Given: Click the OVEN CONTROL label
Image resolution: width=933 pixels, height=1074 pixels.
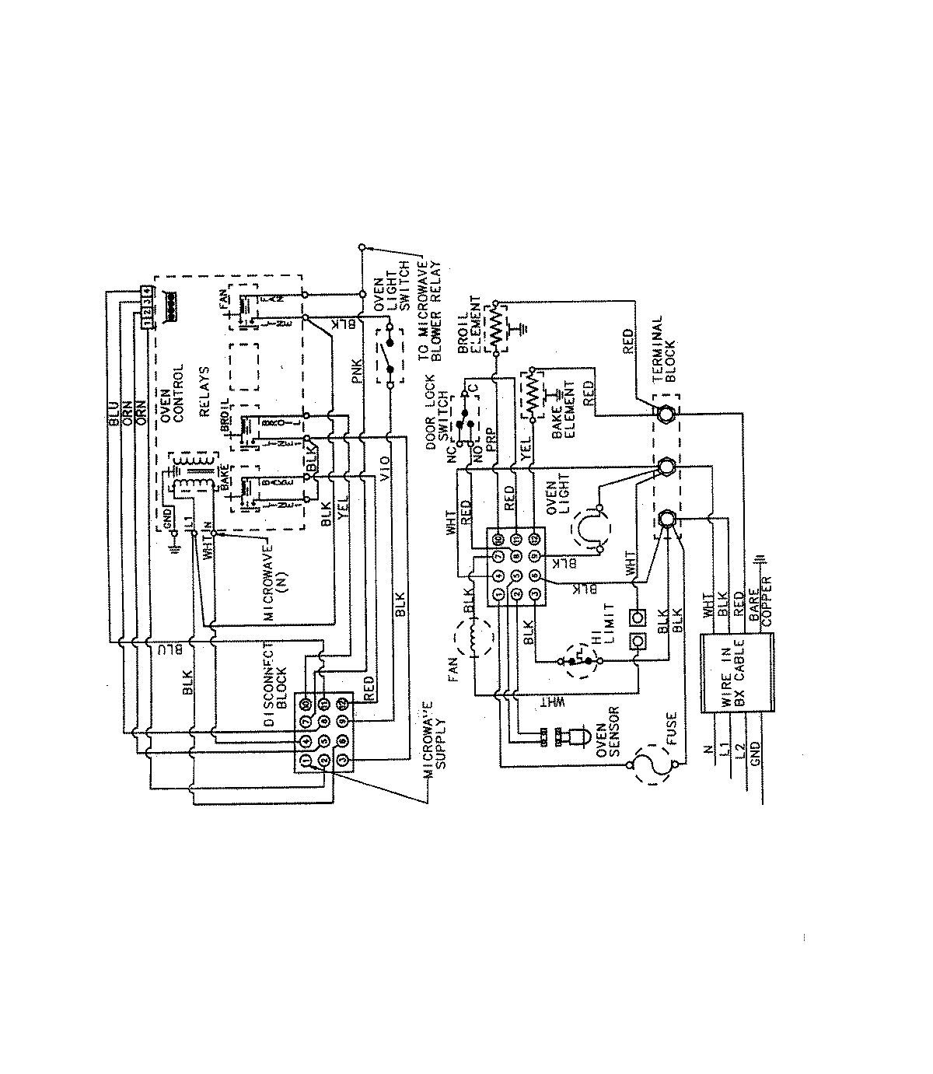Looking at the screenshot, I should tap(172, 394).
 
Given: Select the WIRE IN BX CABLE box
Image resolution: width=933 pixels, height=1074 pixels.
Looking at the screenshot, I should tap(739, 673).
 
